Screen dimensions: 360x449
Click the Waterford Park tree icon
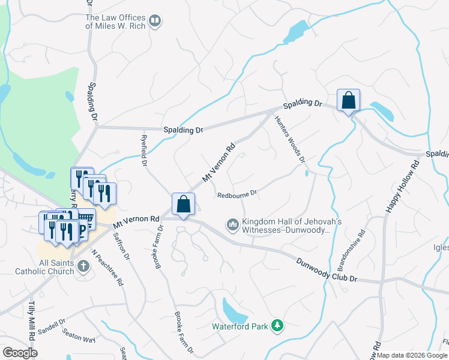click(x=277, y=326)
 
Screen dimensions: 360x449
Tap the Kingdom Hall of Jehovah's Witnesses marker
click(x=232, y=226)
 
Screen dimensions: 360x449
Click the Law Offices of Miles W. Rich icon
click(x=155, y=22)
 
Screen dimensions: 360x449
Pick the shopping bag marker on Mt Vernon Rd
click(x=184, y=204)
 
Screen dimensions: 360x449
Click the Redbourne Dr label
click(x=237, y=194)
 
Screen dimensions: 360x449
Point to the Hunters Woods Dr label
click(x=291, y=139)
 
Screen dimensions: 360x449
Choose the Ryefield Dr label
click(x=144, y=150)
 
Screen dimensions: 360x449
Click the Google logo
click(x=20, y=353)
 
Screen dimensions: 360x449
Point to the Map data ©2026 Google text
click(x=412, y=355)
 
